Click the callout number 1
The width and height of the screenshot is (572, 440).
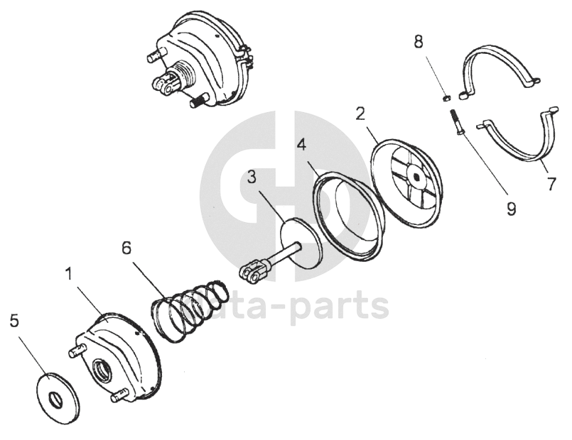[70, 274]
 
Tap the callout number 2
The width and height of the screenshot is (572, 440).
[361, 114]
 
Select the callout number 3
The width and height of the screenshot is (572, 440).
[252, 177]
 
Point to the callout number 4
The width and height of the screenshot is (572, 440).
[302, 145]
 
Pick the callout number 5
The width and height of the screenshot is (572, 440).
[14, 321]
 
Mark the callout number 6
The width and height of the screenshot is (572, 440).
[126, 248]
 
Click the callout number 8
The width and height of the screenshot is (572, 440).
[419, 41]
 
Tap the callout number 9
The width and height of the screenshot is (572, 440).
[510, 209]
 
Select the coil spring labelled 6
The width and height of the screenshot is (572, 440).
[190, 308]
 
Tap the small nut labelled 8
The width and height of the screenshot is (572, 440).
[447, 97]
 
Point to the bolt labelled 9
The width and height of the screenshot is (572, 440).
[455, 122]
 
